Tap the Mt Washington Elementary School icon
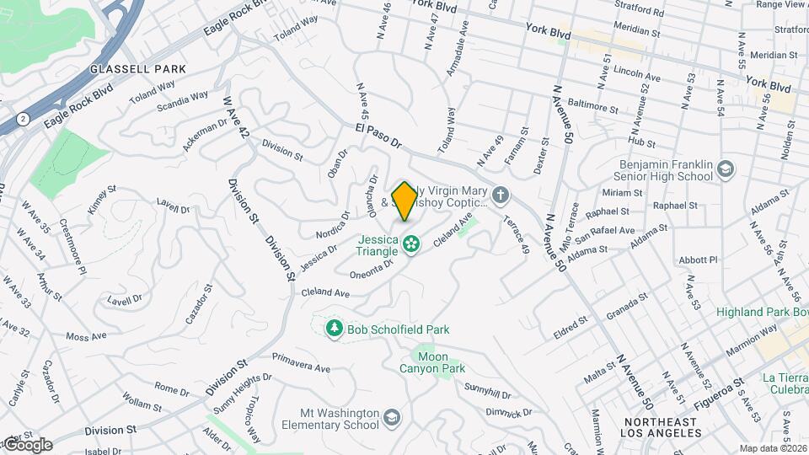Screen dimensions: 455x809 [392, 418]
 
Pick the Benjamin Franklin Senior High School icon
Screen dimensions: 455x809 [724, 170]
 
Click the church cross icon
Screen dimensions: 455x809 [501, 196]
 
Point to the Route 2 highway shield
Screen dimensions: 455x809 [23, 117]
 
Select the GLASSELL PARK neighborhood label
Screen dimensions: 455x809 [126, 68]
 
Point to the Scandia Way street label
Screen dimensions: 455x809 [182, 101]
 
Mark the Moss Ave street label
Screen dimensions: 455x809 [86, 336]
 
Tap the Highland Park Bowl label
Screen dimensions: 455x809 [761, 313]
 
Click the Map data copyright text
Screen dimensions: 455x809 [771, 448]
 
